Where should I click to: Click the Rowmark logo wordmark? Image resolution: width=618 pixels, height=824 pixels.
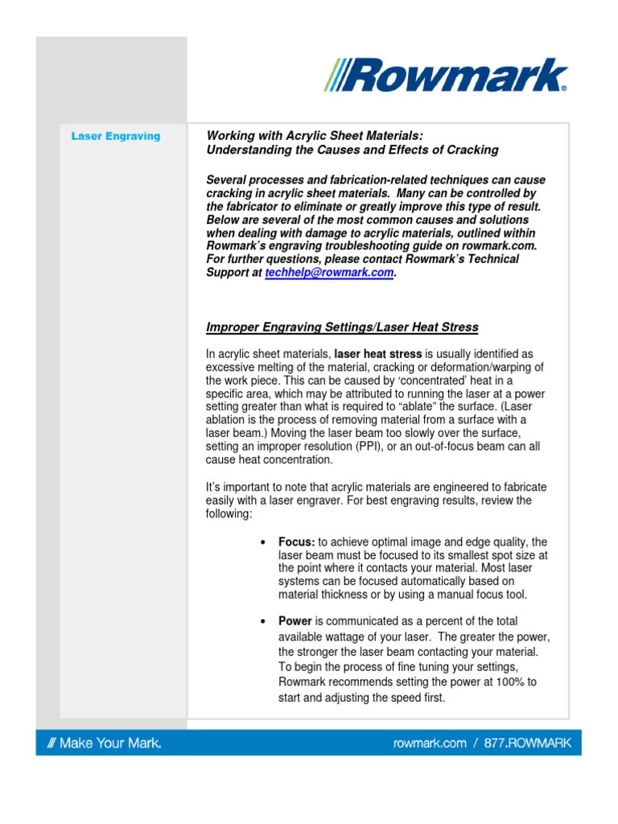coord(455,76)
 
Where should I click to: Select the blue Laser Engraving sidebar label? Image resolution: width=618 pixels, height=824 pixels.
coord(115,136)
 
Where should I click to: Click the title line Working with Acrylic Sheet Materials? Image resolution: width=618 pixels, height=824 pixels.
coord(315,135)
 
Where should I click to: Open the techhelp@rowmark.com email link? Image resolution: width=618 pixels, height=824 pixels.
coord(329,273)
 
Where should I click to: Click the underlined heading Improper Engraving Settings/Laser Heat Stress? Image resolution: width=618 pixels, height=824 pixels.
coord(342,328)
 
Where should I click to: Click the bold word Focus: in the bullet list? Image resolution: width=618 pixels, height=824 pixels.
coord(297,542)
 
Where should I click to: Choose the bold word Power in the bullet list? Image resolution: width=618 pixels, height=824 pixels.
coord(295,621)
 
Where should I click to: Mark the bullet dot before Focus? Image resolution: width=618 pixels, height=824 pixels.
coord(264,542)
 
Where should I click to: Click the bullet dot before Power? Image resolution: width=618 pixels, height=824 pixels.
coord(264,621)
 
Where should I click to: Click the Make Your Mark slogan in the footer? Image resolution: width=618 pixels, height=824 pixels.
coord(100,743)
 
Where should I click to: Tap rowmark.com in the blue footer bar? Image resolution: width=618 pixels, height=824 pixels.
coord(429,743)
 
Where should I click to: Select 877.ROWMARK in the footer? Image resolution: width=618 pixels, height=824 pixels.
coord(527,743)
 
